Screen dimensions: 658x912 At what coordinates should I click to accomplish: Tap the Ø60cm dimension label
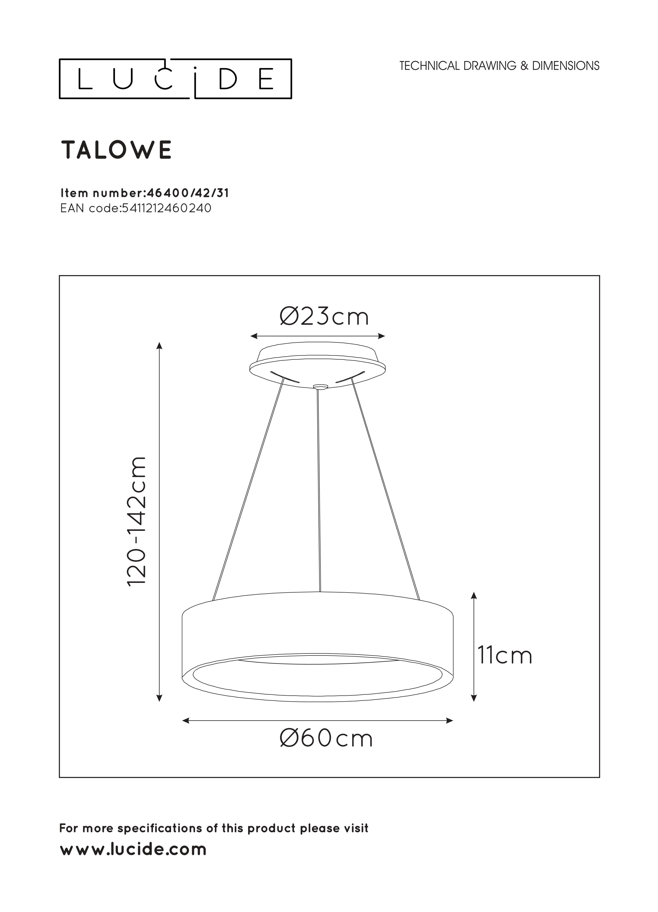coord(326,739)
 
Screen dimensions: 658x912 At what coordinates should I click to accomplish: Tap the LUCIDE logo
coord(175,79)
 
